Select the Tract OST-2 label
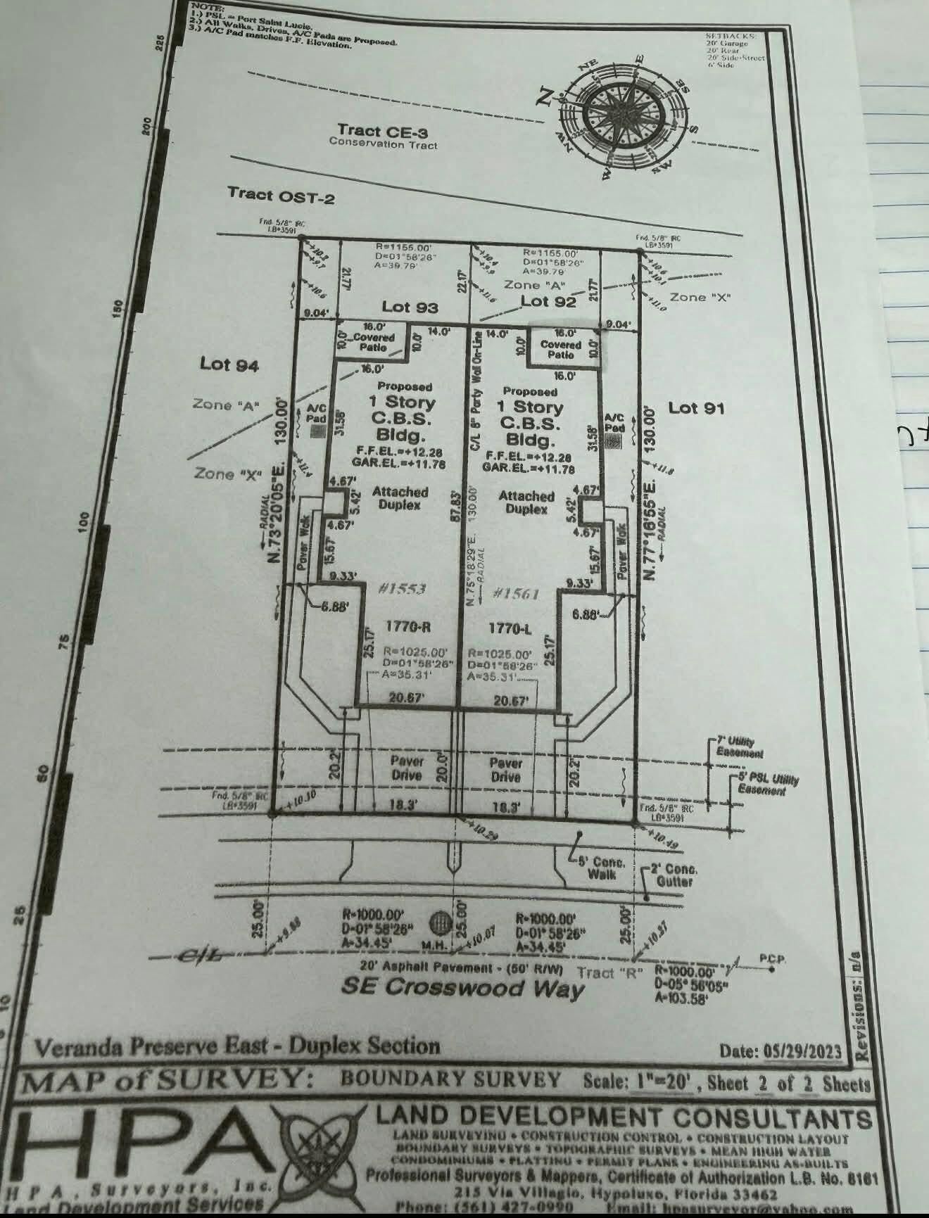[282, 195]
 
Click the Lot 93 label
[410, 307]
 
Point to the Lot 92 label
[548, 301]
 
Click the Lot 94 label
[229, 364]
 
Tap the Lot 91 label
[696, 407]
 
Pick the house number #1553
[403, 589]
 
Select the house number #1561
[517, 593]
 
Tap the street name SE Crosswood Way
[462, 987]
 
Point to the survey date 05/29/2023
[802, 1051]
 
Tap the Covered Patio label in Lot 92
[560, 350]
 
